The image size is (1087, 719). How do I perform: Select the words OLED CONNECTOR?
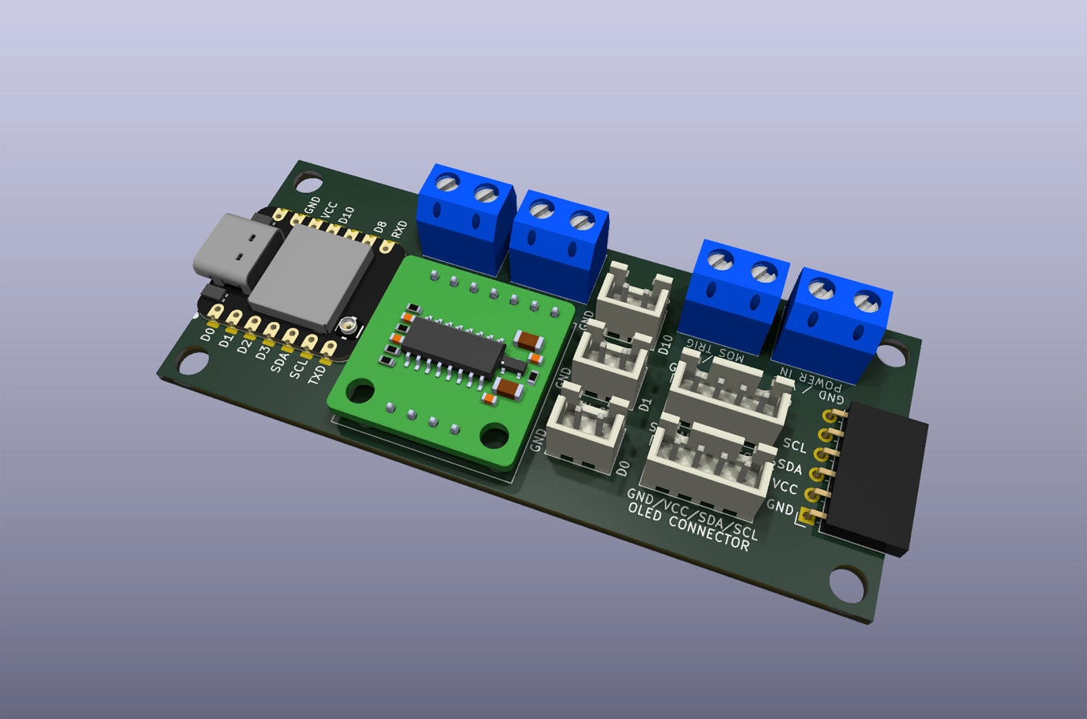pos(688,528)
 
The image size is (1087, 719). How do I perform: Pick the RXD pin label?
pos(399,229)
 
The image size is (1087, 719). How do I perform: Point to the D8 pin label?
pos(380,227)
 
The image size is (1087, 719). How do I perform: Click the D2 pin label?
pos(244,347)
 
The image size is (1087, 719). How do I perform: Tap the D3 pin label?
pos(262,351)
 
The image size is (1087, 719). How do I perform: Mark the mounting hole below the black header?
pos(848,584)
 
